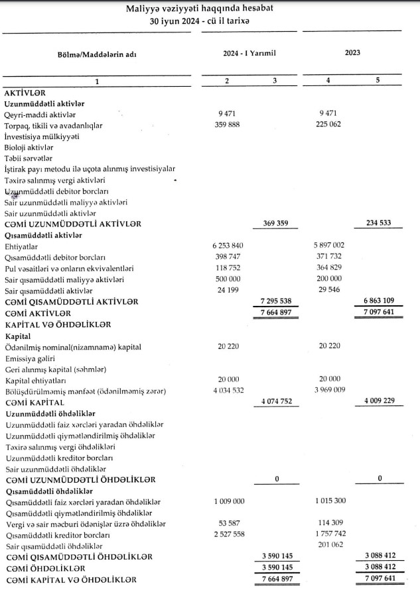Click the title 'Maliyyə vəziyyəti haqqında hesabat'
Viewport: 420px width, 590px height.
[209, 9]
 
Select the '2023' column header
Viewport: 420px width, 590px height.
[352, 52]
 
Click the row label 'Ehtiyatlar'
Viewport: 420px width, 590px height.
[21, 246]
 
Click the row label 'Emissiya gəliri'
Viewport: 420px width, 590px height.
[31, 358]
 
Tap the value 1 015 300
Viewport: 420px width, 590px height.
[328, 503]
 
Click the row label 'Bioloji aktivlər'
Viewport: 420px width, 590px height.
[31, 147]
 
